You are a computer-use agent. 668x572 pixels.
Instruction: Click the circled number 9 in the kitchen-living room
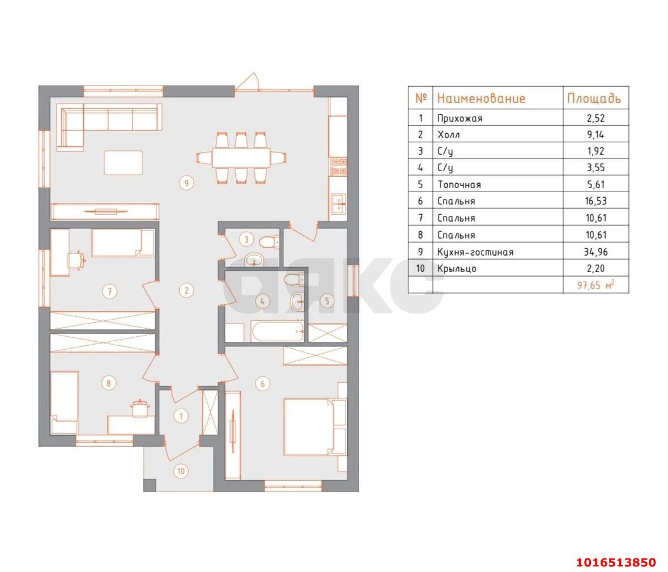[186, 183]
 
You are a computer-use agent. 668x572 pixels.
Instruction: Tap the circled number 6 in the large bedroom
[262, 384]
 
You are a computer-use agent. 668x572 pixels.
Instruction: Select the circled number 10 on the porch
[181, 471]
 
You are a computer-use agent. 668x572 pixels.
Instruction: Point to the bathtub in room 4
[277, 332]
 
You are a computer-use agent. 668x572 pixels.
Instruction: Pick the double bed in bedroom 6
[315, 426]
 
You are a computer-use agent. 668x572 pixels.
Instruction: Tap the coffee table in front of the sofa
[124, 162]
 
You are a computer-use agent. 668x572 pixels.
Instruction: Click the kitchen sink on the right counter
[339, 204]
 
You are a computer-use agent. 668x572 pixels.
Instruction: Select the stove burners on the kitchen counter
[339, 167]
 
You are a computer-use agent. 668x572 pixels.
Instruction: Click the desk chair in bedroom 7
[76, 260]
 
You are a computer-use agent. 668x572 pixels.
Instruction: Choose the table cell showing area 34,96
[595, 252]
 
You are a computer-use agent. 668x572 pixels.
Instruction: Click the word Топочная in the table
[459, 185]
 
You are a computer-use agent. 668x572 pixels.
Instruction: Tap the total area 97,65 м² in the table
[595, 285]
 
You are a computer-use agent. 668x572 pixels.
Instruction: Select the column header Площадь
[594, 99]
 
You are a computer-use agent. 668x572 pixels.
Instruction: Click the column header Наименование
[482, 99]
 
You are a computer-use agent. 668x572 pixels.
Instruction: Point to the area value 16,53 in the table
[595, 201]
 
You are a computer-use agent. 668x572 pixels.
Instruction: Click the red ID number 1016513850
[616, 562]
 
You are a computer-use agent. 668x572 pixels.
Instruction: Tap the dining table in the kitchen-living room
[241, 158]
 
